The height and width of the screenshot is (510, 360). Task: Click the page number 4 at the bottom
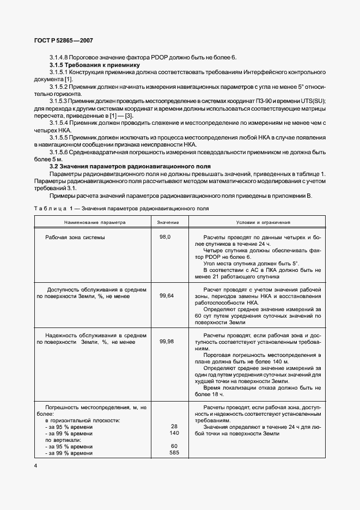point(35,466)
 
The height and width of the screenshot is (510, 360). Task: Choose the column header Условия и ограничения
point(263,222)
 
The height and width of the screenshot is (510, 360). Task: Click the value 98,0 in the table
point(165,238)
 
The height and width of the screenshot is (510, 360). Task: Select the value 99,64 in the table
point(167,295)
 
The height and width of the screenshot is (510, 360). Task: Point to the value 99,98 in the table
point(167,341)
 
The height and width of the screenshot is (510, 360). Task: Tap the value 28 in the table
point(175,427)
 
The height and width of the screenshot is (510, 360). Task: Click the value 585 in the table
point(174,453)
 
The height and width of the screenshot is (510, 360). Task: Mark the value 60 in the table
point(175,446)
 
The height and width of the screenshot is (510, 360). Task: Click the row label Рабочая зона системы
point(75,238)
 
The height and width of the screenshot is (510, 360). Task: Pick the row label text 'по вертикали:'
point(62,440)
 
